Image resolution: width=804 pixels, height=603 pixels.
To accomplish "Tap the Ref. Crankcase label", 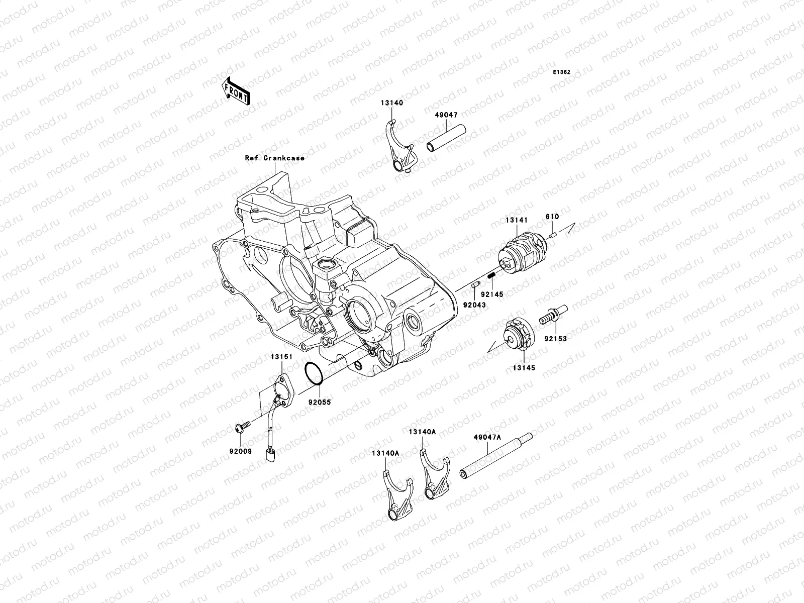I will coord(274,158).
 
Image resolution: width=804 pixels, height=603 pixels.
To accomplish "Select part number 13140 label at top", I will coord(392,103).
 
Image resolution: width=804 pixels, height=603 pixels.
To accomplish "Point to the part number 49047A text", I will coord(487,437).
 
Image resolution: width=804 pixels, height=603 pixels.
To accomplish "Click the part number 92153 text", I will coord(555,339).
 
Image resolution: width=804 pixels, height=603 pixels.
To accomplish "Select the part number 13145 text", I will coord(524,368).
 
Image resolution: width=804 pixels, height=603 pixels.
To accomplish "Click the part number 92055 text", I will coord(319,403).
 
